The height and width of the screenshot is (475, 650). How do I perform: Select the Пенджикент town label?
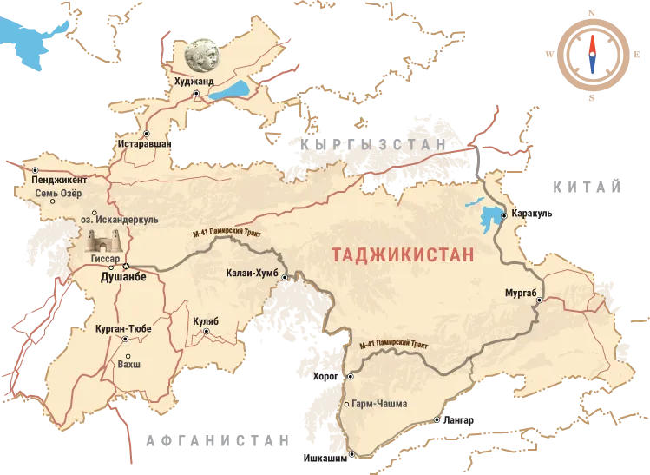[59, 181]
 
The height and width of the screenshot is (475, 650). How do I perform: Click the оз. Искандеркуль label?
[125, 221]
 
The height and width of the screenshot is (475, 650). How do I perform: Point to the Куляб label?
[206, 321]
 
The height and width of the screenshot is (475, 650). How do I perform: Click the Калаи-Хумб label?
[250, 273]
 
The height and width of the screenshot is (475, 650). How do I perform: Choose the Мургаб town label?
[522, 292]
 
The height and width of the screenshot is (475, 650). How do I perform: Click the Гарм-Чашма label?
[380, 404]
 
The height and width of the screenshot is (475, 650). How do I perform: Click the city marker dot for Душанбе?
[126, 265]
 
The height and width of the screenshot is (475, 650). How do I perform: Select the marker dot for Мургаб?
[539, 300]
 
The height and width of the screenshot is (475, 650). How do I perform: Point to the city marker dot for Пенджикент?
[36, 170]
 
